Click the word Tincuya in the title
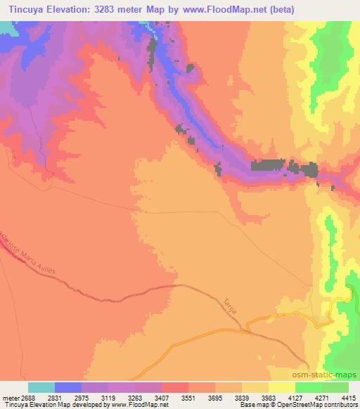coord(28,10)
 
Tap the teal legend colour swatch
coord(41,387)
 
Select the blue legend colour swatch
coord(68,387)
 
